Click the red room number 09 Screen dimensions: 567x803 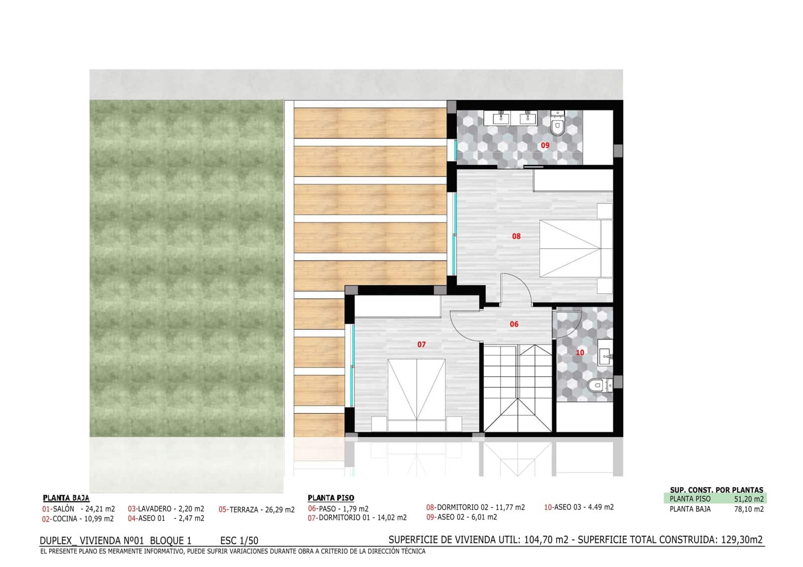(545, 145)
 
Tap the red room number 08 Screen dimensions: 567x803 (516, 236)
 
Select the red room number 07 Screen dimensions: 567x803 (422, 344)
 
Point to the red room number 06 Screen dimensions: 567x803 (514, 324)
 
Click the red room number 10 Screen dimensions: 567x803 (580, 352)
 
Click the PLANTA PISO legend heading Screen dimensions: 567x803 (331, 498)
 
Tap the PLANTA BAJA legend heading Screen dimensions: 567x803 (66, 498)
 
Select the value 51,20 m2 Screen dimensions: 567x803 (749, 499)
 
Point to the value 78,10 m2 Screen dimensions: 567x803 (749, 509)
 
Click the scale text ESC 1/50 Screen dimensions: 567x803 (239, 540)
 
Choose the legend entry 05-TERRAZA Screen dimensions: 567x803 (256, 510)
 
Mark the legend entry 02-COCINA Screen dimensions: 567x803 (78, 519)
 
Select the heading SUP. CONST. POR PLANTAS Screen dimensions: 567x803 (716, 490)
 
